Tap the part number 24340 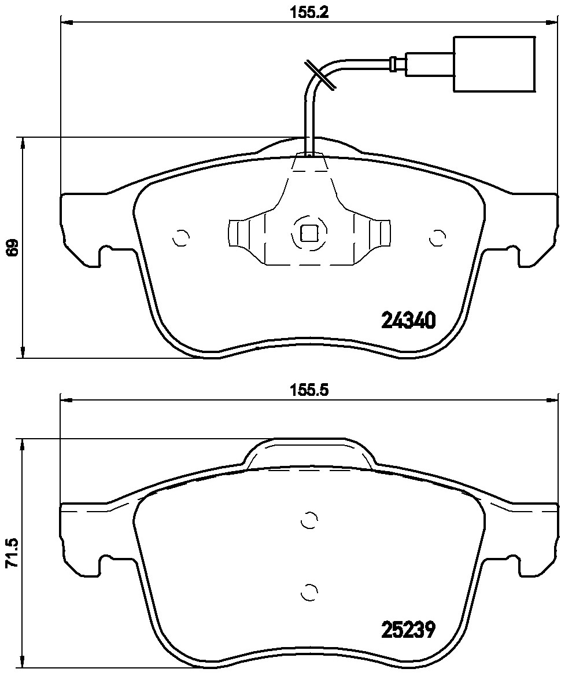(408, 320)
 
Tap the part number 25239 (408, 629)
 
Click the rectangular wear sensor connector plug (494, 64)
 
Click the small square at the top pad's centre (309, 233)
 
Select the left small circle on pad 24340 (181, 237)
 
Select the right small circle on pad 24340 (438, 237)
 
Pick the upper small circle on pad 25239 (310, 520)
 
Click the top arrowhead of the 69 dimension (23, 142)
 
